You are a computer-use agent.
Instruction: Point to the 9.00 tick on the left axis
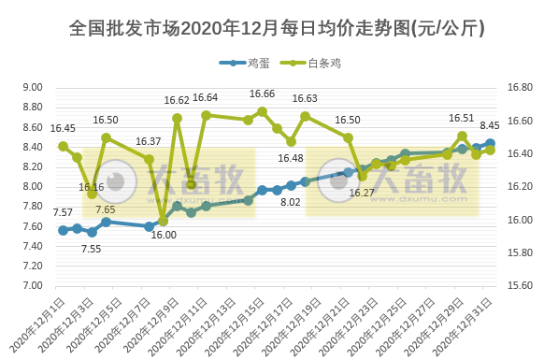click(x=32, y=88)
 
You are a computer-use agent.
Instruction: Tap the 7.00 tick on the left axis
click(x=32, y=286)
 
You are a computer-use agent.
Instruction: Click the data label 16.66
click(x=262, y=94)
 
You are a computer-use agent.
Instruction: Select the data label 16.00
click(x=163, y=236)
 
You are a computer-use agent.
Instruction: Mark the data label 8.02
click(x=291, y=201)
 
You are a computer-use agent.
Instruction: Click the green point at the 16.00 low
click(x=163, y=222)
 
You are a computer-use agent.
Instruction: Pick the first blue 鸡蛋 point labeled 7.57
click(x=63, y=230)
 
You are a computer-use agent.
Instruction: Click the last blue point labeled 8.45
click(x=491, y=143)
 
